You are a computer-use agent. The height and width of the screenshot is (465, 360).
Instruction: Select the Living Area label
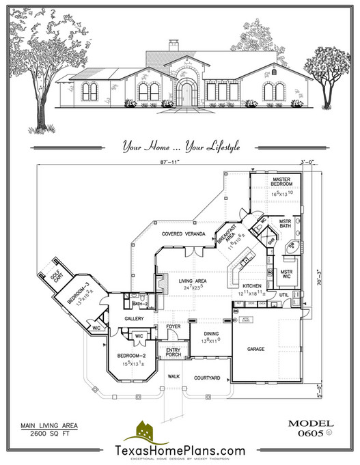[x=194, y=280]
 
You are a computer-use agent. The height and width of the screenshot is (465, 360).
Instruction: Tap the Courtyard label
[x=207, y=378]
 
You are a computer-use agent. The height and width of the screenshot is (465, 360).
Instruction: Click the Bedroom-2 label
[x=130, y=356]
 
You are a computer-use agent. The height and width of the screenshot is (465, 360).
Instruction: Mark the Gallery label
[x=134, y=319]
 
